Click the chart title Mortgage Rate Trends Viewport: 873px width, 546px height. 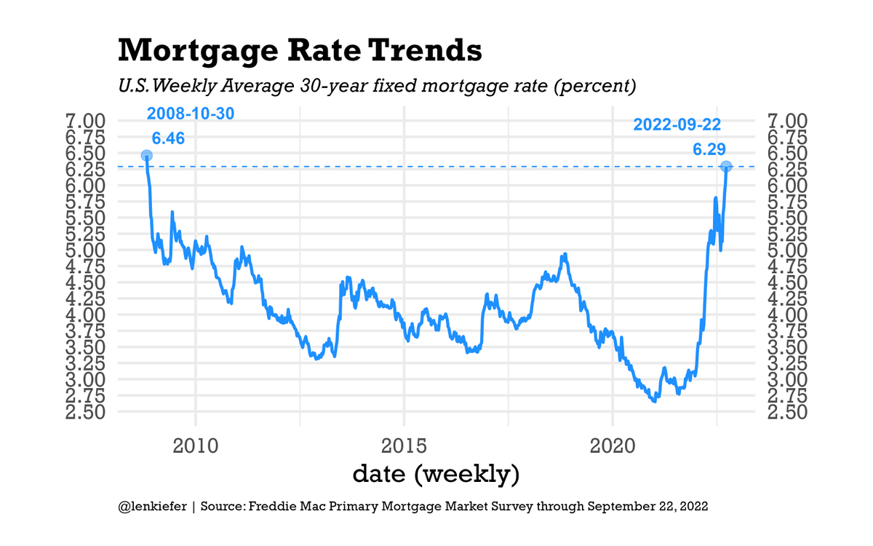(299, 51)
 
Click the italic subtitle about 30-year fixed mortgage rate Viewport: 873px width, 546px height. (378, 87)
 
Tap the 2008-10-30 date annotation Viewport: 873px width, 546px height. (191, 114)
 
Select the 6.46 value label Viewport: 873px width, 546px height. (168, 138)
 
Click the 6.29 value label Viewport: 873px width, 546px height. (709, 149)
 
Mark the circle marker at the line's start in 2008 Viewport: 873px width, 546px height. (146, 156)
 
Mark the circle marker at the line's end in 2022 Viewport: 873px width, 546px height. (726, 167)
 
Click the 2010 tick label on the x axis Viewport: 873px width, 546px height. (196, 444)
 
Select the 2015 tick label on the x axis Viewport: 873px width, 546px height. (404, 444)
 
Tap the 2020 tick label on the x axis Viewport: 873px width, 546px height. (613, 444)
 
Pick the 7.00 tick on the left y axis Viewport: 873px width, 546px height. (87, 121)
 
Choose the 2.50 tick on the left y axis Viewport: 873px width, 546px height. (87, 412)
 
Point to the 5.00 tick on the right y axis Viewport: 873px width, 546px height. (788, 250)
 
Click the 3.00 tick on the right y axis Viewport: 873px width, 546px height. (788, 379)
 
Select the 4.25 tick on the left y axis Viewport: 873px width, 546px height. (87, 298)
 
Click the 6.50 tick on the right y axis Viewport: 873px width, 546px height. (788, 153)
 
